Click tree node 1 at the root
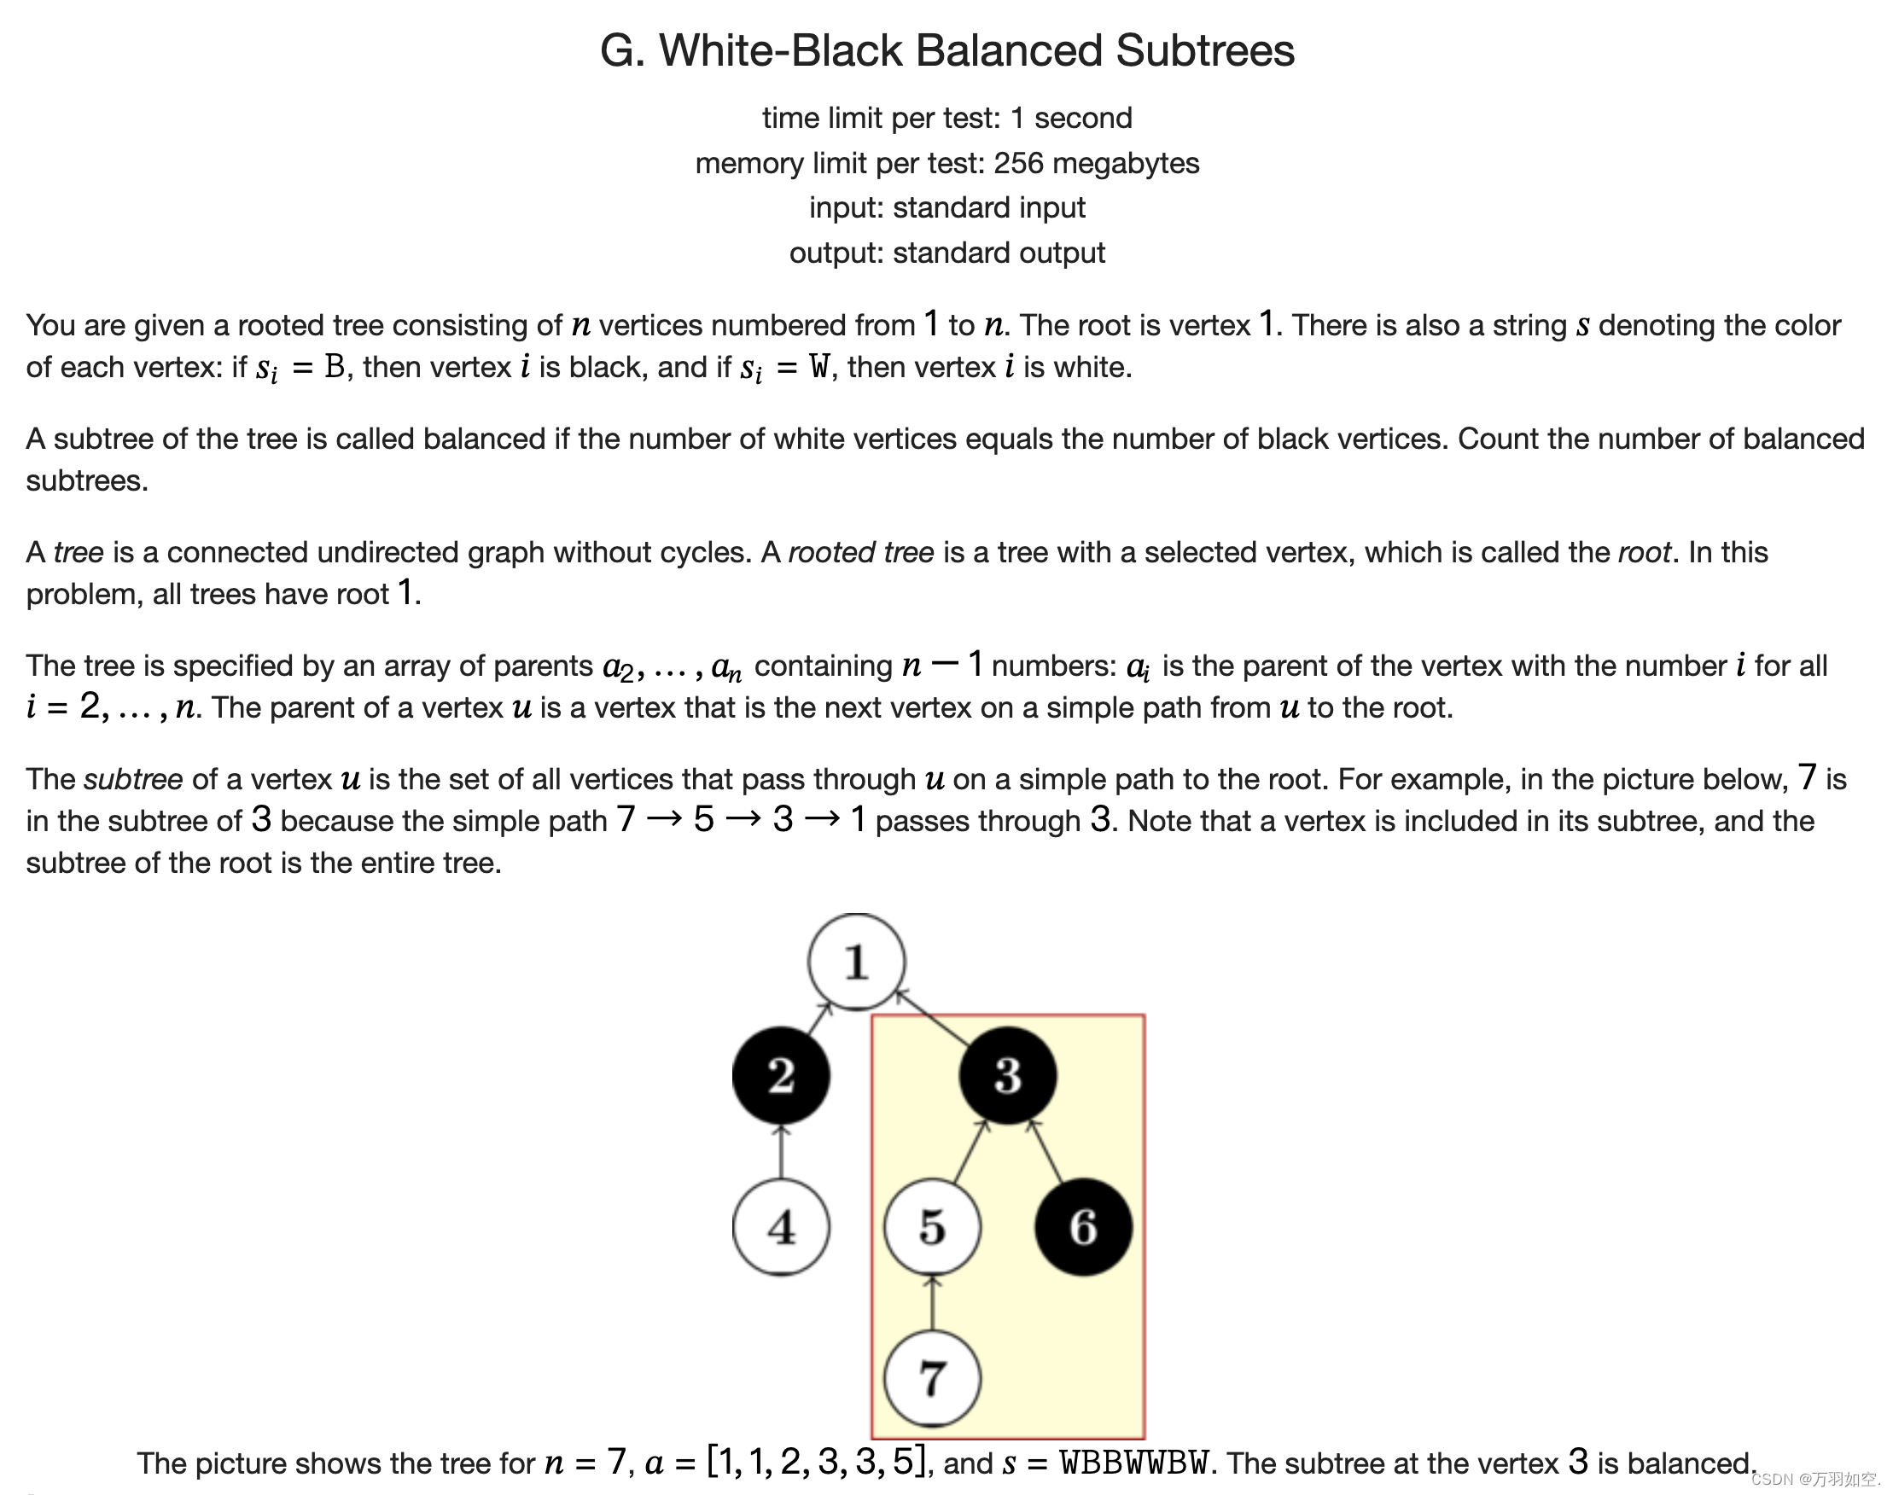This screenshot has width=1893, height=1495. pos(855,961)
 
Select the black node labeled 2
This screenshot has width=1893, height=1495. pos(780,1075)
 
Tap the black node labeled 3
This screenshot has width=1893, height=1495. pos(1007,1075)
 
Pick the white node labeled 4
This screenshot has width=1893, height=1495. pos(780,1226)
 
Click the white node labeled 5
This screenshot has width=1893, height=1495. pos(932,1226)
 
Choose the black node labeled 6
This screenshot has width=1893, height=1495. pos(1083,1226)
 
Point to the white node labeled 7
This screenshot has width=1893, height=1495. pos(932,1378)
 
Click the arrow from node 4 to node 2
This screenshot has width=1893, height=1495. pos(780,1151)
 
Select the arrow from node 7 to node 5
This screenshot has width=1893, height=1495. pos(932,1302)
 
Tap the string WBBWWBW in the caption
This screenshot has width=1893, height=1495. pos(1135,1463)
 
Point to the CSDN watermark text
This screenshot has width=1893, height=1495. pos(1814,1480)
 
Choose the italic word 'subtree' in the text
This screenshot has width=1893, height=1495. pos(133,778)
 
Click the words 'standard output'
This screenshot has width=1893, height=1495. pos(999,252)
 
